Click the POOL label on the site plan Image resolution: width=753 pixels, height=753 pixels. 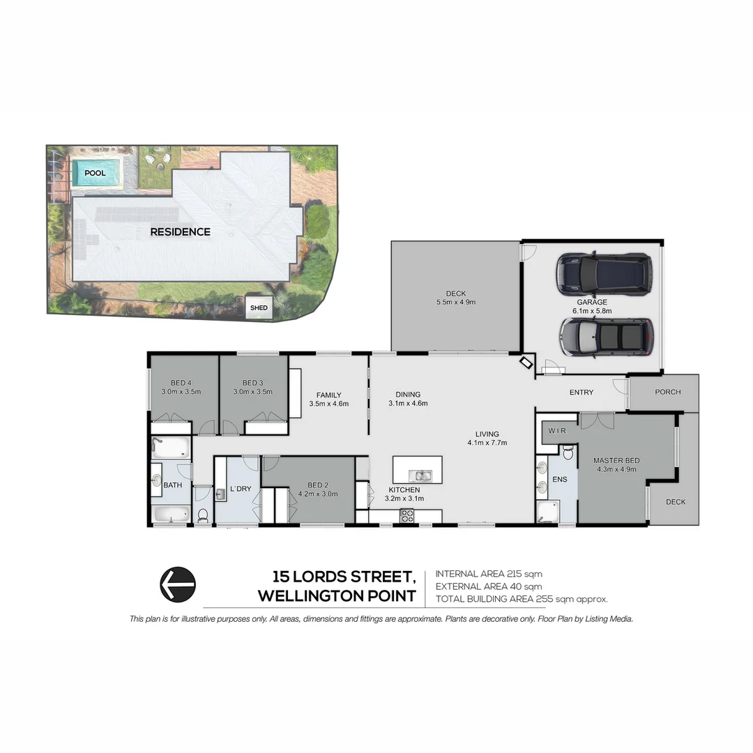95,173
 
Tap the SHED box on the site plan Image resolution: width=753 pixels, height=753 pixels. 259,307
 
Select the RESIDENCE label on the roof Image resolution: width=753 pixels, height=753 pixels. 180,231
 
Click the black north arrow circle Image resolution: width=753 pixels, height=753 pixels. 178,584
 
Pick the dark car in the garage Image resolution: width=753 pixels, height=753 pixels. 604,273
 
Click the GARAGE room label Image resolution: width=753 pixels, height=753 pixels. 591,303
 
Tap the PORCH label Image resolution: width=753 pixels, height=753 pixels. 667,392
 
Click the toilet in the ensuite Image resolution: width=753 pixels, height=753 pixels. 568,455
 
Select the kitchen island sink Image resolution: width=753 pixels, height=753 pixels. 421,476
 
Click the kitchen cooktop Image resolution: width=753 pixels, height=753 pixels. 406,515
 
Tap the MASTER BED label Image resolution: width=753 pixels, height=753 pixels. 616,461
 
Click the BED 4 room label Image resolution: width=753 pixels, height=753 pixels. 181,383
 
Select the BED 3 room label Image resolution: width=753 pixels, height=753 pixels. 252,383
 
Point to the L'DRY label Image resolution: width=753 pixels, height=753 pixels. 241,489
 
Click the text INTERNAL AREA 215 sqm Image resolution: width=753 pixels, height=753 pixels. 488,574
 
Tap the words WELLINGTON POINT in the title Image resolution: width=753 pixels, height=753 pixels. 337,596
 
